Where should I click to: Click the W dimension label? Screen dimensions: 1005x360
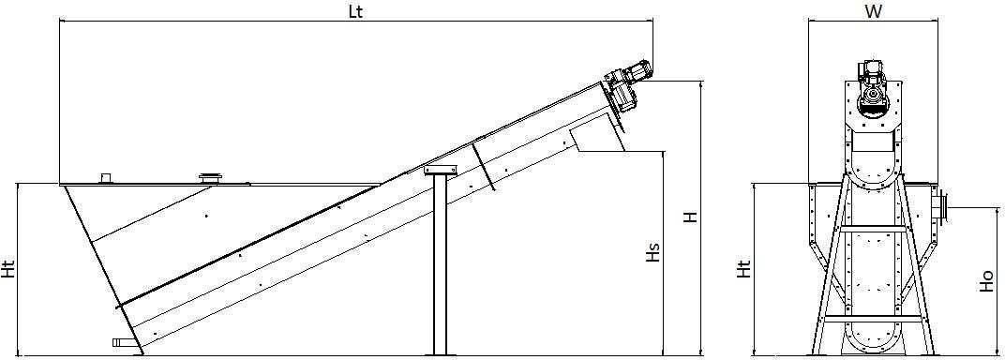click(872, 11)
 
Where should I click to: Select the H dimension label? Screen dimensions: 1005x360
click(690, 217)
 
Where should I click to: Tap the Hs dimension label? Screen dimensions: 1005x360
click(653, 254)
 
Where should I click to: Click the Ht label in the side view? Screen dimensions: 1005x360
click(9, 270)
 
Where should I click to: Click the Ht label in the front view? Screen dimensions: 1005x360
click(742, 270)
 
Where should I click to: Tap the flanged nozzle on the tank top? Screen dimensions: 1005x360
click(209, 179)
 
